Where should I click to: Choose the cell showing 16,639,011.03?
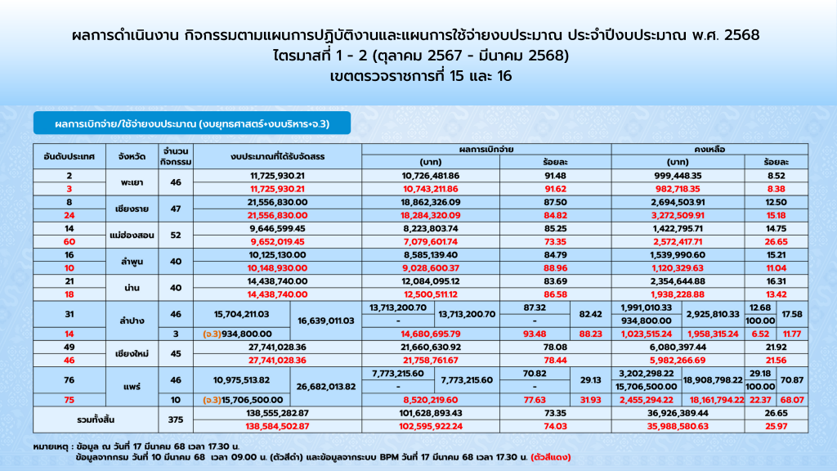click(325, 321)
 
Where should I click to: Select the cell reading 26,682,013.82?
click(325, 387)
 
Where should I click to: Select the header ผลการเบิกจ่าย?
click(486, 149)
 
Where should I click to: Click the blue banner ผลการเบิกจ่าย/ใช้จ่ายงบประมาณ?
click(191, 123)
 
